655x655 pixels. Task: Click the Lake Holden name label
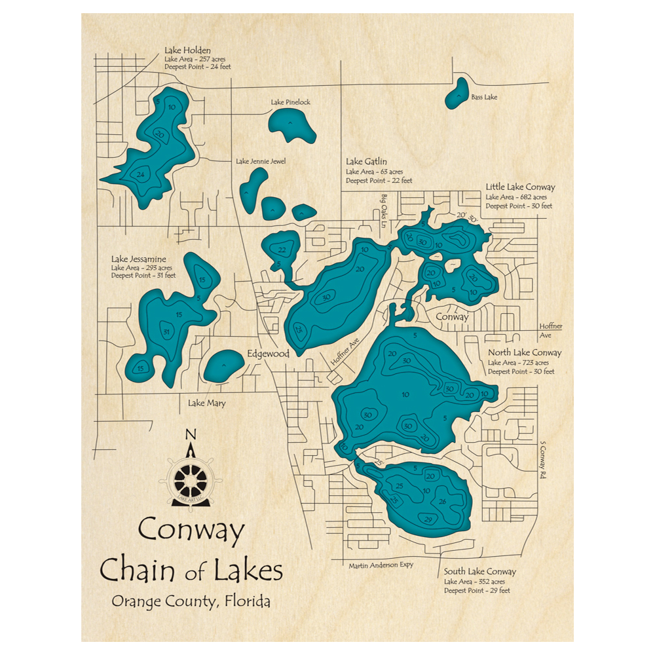[183, 49]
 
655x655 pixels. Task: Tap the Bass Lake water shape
[456, 93]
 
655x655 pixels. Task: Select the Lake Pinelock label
[291, 102]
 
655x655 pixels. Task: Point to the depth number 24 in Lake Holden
[140, 174]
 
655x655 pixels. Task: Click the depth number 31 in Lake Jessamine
[166, 332]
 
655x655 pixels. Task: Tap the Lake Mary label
[206, 403]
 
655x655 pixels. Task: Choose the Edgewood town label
[268, 354]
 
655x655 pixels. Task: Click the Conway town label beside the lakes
[453, 316]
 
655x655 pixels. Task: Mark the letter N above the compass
[191, 434]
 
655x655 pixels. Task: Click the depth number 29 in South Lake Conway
[429, 519]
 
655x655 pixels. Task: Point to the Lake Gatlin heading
[366, 161]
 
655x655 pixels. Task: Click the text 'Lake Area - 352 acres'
[474, 582]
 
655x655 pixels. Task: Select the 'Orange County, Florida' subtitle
[191, 602]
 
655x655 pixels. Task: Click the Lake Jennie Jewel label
[261, 161]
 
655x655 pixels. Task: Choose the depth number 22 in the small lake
[282, 249]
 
